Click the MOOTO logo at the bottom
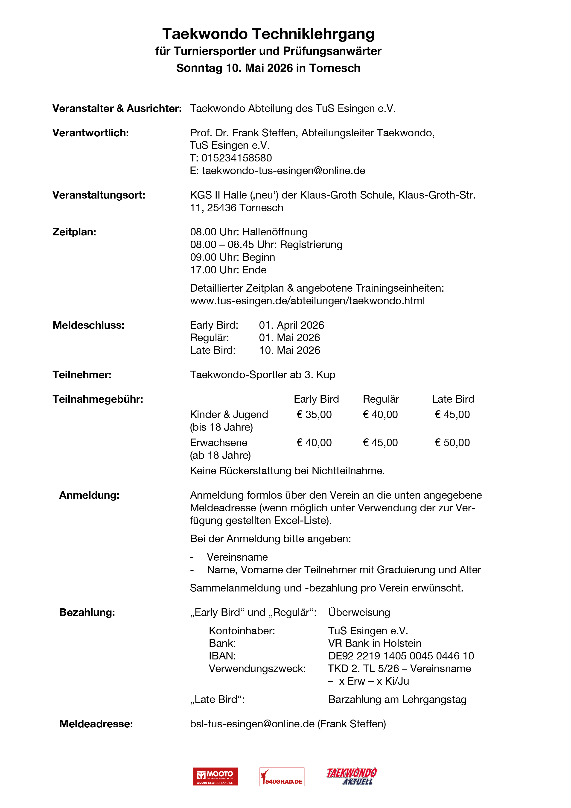[215, 776]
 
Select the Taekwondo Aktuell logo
[352, 776]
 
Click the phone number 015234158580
[236, 158]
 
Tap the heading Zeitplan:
[74, 232]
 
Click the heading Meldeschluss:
[88, 325]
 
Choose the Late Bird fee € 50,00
[452, 443]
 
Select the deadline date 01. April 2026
[291, 325]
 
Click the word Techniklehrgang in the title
[313, 34]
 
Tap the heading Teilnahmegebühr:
[98, 399]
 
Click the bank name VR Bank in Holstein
[374, 643]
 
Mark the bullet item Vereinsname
[237, 557]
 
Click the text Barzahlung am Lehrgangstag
[397, 700]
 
